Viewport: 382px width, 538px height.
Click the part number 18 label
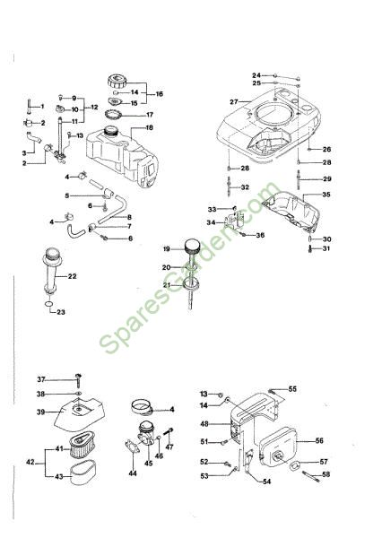pyautogui.click(x=149, y=128)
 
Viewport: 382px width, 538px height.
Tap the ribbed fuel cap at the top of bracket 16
pyautogui.click(x=117, y=82)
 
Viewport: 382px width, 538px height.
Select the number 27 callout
pyautogui.click(x=234, y=102)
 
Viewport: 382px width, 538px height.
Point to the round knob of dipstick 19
pyautogui.click(x=192, y=247)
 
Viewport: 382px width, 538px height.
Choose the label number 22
pyautogui.click(x=72, y=276)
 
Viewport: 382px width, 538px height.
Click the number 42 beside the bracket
pyautogui.click(x=30, y=462)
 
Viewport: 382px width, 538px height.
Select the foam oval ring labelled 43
pyautogui.click(x=83, y=473)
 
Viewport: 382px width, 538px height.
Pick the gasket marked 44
pyautogui.click(x=132, y=447)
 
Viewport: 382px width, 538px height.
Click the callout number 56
pyautogui.click(x=319, y=440)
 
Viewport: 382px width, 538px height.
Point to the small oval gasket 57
pyautogui.click(x=295, y=465)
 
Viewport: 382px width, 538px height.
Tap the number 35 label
pyautogui.click(x=326, y=195)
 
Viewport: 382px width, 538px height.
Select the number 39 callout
pyautogui.click(x=41, y=412)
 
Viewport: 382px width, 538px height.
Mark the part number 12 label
pyautogui.click(x=94, y=107)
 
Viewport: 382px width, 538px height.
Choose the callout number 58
pyautogui.click(x=326, y=474)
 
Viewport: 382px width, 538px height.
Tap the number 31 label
pyautogui.click(x=326, y=248)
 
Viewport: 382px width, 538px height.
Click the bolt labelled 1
pyautogui.click(x=29, y=107)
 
